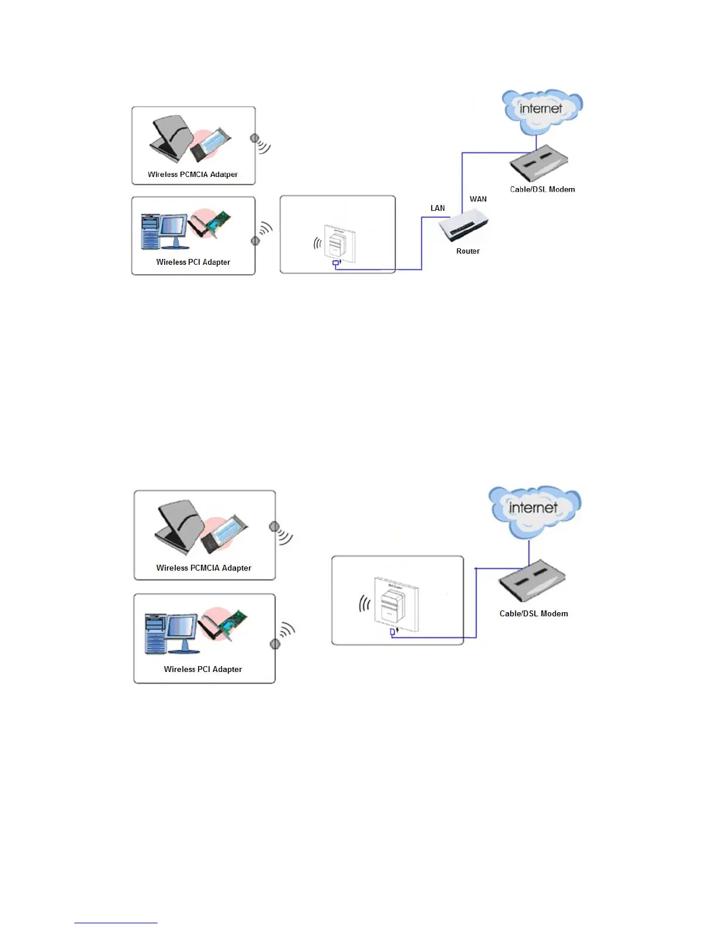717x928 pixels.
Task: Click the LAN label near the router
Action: click(438, 208)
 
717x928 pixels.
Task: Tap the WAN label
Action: click(478, 199)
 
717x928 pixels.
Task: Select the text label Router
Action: click(467, 251)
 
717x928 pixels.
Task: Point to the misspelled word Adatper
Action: click(224, 175)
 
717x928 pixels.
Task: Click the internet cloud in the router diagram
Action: click(541, 110)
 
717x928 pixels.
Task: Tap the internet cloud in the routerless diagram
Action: click(534, 508)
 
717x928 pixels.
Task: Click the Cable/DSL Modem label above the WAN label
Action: click(542, 189)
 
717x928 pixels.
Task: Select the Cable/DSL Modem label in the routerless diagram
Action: click(534, 613)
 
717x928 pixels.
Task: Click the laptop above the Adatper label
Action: click(169, 139)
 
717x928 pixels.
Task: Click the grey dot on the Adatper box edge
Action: click(254, 138)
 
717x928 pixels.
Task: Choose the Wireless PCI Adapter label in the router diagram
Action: click(193, 262)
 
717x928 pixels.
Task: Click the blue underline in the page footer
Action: click(116, 923)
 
